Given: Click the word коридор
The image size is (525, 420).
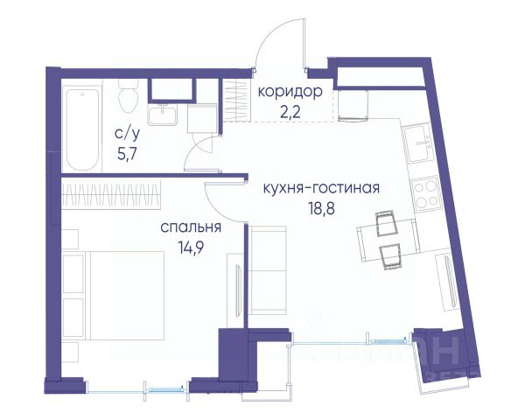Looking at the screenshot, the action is tap(290, 92).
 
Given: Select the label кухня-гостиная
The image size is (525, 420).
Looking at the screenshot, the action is tap(321, 188).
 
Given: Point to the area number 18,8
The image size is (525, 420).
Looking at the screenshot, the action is tap(321, 209).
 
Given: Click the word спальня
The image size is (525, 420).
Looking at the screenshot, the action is tap(191, 227).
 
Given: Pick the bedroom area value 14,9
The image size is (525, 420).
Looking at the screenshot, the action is tap(191, 248).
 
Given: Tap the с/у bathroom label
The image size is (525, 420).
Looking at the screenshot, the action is tap(127, 134).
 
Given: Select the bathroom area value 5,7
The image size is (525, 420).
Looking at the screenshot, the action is tap(127, 154).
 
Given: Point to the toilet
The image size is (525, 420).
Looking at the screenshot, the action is tap(129, 96).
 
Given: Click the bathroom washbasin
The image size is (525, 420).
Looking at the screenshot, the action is tap(163, 115).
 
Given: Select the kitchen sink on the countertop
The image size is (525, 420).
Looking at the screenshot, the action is tap(417, 143).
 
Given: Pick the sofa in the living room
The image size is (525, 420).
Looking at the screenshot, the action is tap(267, 270).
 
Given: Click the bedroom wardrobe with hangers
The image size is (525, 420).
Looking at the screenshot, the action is tap(111, 195).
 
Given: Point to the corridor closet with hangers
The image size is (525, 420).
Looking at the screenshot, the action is tap(237, 100).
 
